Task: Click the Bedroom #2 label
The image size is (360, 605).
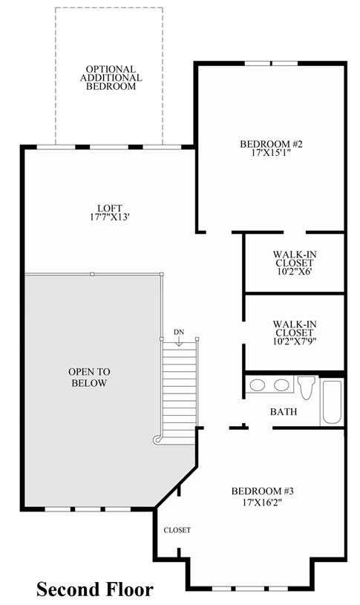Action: pyautogui.click(x=271, y=144)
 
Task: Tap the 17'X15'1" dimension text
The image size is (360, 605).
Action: pyautogui.click(x=270, y=152)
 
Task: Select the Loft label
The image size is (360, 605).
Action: pyautogui.click(x=110, y=209)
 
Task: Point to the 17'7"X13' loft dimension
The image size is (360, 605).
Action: pyautogui.click(x=109, y=217)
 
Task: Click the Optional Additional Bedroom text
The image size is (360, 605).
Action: pyautogui.click(x=111, y=77)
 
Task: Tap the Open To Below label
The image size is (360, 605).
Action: pyautogui.click(x=89, y=377)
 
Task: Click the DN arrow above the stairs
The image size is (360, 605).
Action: pyautogui.click(x=179, y=341)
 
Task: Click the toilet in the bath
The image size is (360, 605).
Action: pyautogui.click(x=307, y=387)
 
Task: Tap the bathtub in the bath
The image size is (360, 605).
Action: pyautogui.click(x=332, y=402)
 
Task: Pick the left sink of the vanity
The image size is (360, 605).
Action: pyautogui.click(x=257, y=385)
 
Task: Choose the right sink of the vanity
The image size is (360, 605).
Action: pyautogui.click(x=281, y=385)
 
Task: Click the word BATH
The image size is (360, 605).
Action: pyautogui.click(x=284, y=412)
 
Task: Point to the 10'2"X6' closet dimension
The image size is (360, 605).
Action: pyautogui.click(x=295, y=271)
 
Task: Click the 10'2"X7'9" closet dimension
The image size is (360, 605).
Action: pyautogui.click(x=295, y=341)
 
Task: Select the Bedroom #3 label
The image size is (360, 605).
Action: pyautogui.click(x=263, y=491)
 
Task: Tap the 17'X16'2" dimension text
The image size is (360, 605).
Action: pyautogui.click(x=263, y=503)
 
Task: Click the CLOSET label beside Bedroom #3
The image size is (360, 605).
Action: pyautogui.click(x=177, y=530)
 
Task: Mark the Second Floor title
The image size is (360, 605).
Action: pyautogui.click(x=95, y=589)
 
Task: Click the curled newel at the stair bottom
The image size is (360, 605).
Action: pyautogui.click(x=157, y=439)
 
